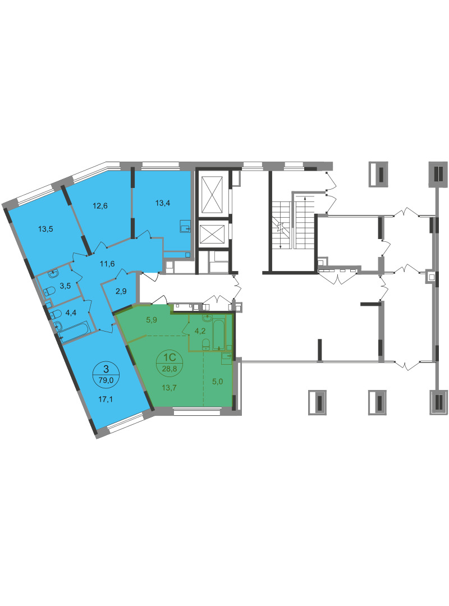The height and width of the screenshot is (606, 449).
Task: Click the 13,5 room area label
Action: [45, 229]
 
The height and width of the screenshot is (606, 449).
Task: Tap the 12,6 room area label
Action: [100, 205]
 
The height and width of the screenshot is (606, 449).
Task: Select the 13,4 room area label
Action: [162, 203]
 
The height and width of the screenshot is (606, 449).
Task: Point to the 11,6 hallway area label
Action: [107, 264]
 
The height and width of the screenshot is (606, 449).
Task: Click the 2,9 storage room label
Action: [121, 291]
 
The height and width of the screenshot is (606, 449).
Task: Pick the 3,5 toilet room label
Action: [65, 286]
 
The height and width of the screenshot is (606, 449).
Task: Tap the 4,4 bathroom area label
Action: [70, 313]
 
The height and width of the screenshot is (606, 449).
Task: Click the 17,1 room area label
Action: [105, 400]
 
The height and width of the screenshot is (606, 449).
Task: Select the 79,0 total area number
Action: [106, 380]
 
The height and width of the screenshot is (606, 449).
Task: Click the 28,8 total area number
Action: [169, 369]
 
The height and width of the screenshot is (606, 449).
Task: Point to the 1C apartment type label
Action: [169, 358]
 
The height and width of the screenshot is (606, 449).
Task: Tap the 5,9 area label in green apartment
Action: [151, 320]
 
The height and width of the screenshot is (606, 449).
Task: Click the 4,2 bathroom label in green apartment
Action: [199, 331]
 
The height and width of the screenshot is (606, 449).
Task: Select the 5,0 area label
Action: [217, 382]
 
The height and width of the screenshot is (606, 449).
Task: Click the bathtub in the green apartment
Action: [218, 334]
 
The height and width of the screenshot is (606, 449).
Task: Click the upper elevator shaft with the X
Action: [211, 194]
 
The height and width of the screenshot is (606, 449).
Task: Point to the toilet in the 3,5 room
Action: [49, 291]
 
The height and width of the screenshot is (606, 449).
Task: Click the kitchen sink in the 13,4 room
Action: [185, 226]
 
